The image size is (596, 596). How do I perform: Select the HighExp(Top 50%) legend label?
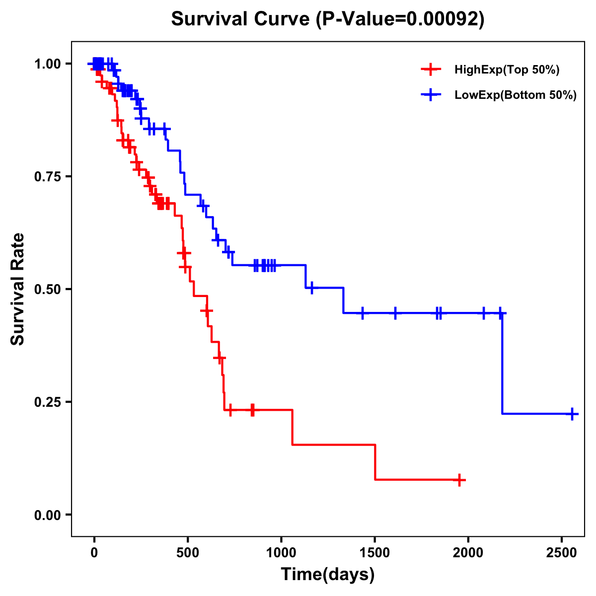[x=507, y=70]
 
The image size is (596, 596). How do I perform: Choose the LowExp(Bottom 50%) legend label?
[x=516, y=95]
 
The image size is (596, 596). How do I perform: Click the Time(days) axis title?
[x=328, y=575]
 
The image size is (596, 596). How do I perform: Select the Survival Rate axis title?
[x=18, y=289]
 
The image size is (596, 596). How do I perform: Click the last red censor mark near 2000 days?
[x=460, y=480]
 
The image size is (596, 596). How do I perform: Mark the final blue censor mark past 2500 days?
[x=572, y=414]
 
